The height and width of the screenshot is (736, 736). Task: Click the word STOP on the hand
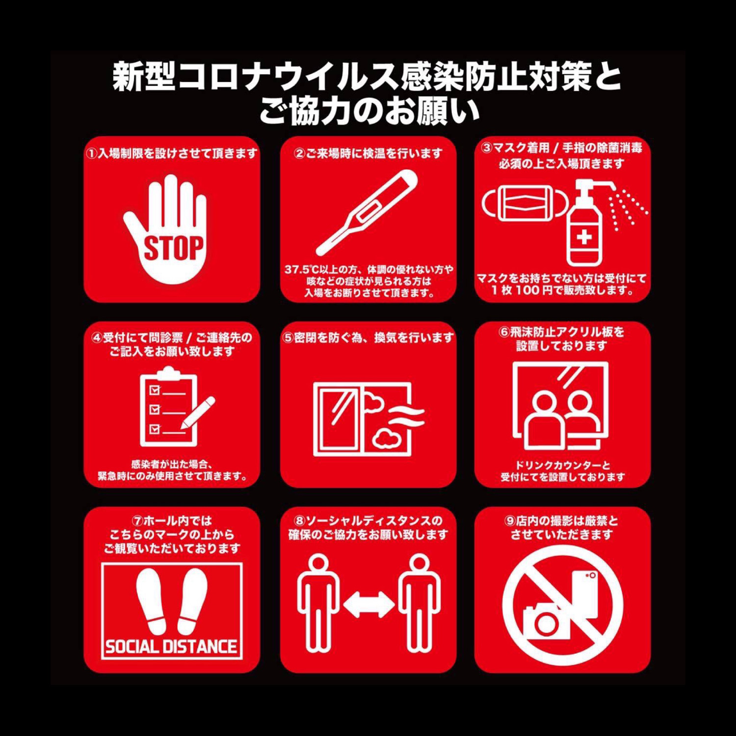[x=173, y=248]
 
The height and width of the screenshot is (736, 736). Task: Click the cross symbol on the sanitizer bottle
[x=584, y=238]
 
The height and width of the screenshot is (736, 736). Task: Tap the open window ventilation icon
[x=368, y=419]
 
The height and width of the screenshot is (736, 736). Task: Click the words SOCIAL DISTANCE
[x=171, y=647]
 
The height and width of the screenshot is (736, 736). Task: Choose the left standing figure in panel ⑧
[x=318, y=603]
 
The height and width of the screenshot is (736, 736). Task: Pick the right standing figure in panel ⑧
[x=420, y=603]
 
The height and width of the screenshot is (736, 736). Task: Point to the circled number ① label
[x=92, y=154]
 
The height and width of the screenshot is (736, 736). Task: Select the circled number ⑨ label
[x=510, y=521]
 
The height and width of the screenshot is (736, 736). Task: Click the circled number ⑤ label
[x=288, y=338]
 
